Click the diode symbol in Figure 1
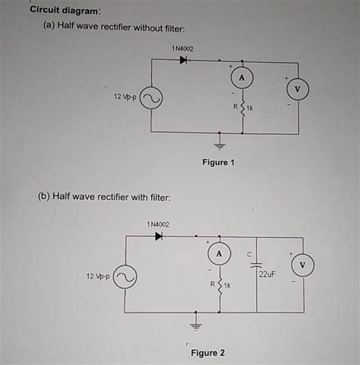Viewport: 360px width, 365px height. tap(184, 61)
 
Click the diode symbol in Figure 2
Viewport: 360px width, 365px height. tap(159, 236)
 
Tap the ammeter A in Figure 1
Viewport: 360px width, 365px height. tap(242, 78)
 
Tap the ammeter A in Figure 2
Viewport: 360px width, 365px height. tap(219, 252)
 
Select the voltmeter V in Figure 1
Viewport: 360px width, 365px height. tap(298, 89)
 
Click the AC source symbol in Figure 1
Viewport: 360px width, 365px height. tap(151, 99)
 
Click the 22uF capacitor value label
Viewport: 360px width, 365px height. tap(267, 274)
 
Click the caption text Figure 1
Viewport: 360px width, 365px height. tap(218, 163)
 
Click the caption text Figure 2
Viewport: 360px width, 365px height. tap(208, 353)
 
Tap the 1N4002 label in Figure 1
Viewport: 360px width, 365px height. tap(182, 49)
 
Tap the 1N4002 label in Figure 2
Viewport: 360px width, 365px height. tap(158, 224)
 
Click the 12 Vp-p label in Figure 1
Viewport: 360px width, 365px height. tap(125, 98)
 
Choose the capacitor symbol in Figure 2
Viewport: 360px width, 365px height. tap(256, 266)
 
